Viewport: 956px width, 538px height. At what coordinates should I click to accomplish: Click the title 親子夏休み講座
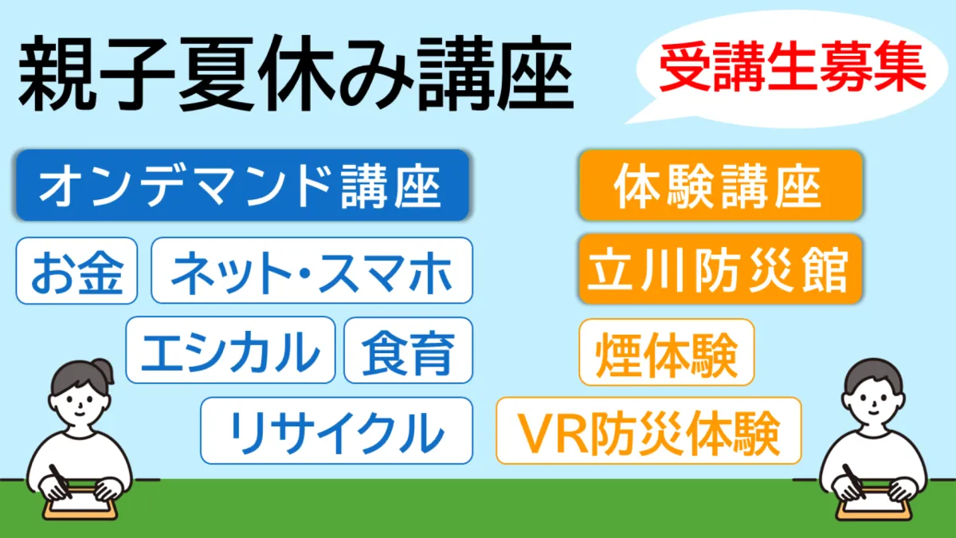point(296,73)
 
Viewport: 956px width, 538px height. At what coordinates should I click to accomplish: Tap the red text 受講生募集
point(793,67)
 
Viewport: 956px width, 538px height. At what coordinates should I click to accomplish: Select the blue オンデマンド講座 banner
point(243,185)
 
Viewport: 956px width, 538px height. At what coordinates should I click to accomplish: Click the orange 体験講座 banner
point(721,185)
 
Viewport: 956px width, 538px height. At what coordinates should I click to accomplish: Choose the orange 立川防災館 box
point(721,269)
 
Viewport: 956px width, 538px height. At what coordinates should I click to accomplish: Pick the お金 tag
point(76,271)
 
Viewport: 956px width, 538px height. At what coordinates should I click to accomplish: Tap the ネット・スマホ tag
point(312,270)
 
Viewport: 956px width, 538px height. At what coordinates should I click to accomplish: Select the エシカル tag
point(230,350)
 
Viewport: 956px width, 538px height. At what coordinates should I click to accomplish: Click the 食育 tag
point(409,350)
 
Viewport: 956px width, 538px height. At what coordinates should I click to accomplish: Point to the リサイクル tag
point(337,430)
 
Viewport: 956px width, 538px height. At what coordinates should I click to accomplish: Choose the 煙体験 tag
point(667,352)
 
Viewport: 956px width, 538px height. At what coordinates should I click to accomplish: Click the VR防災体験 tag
point(648,430)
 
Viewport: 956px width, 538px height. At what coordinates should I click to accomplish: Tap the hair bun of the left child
point(104,370)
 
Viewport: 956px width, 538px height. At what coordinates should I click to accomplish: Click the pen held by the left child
point(61,481)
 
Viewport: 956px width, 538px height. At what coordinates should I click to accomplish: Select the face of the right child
point(873,402)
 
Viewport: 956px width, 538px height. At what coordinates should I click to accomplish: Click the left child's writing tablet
point(80,505)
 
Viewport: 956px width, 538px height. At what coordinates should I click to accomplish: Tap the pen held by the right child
point(853,481)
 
